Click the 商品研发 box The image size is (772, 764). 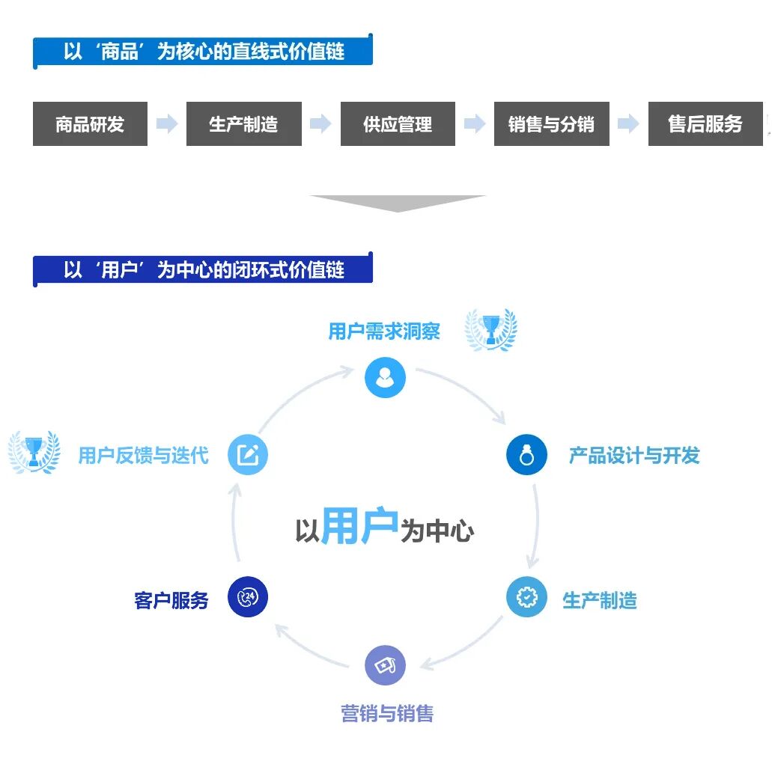pos(90,124)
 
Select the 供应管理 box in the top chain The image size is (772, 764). pos(398,124)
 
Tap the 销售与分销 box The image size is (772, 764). pos(551,124)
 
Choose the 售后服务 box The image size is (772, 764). pos(705,124)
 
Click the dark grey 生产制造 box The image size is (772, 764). pos(243,124)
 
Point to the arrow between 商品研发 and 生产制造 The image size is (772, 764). pos(167,124)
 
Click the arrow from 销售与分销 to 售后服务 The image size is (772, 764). pos(628,124)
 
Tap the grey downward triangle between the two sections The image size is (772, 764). pos(398,203)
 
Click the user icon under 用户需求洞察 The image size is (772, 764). pos(385,378)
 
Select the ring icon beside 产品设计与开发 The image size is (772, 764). pos(526,455)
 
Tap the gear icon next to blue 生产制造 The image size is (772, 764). pos(526,597)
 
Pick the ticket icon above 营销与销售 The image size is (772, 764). pos(385,666)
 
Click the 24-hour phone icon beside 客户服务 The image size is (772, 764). pos(247,597)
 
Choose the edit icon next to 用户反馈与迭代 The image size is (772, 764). pos(247,455)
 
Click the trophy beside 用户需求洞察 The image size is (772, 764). pos(491,329)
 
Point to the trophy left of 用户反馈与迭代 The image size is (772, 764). pos(34,451)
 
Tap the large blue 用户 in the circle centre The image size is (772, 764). pos(359,527)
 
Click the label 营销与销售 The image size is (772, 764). pos(387,713)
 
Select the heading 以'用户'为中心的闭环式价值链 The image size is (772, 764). pos(204,269)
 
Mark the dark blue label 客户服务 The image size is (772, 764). pos(171,600)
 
